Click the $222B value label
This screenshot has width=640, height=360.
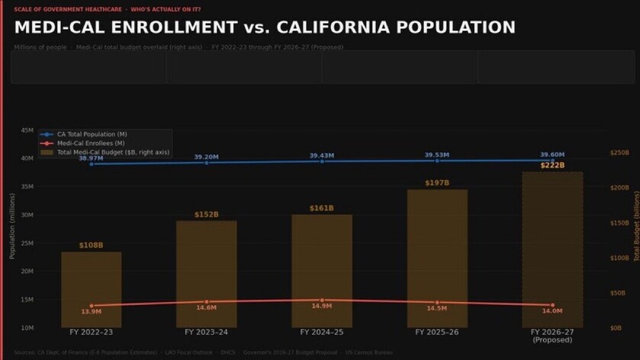coord(552,166)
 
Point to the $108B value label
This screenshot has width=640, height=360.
coord(91,246)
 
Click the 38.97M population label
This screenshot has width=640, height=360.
coord(91,157)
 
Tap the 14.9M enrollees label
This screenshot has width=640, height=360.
coord(322,306)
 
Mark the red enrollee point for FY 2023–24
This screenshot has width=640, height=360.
coord(206,302)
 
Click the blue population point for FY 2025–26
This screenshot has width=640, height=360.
coord(437,161)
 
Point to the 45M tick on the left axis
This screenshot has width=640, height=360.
coord(27,130)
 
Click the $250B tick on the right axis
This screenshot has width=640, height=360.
coord(619,153)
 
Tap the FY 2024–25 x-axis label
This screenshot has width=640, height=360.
coord(322,333)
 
